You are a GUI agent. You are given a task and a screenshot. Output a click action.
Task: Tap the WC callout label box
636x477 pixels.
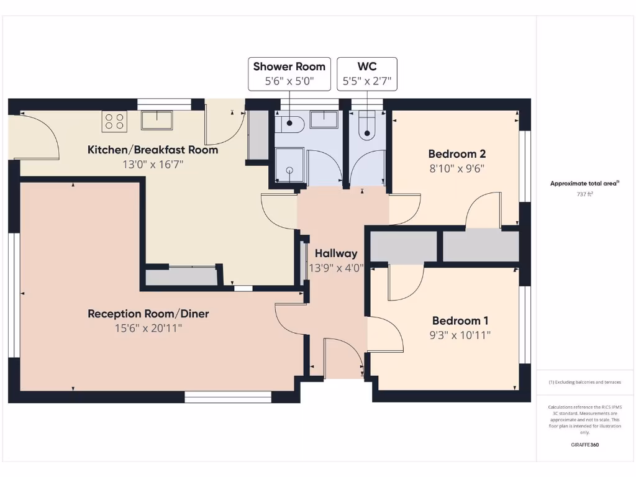click(x=367, y=73)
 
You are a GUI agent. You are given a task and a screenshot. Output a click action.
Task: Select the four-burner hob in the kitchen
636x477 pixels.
click(x=114, y=120)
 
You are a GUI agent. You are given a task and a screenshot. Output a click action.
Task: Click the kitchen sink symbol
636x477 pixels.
click(x=157, y=120)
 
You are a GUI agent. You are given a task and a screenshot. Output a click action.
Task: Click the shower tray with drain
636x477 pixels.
click(x=289, y=166)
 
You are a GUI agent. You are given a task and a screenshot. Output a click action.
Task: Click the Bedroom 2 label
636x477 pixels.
click(x=457, y=154)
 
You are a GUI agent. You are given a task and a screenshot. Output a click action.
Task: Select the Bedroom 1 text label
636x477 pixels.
click(x=460, y=320)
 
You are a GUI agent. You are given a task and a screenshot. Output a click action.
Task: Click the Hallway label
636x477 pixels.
click(x=336, y=253)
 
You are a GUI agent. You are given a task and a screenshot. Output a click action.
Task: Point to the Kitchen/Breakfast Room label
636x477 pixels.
click(x=153, y=150)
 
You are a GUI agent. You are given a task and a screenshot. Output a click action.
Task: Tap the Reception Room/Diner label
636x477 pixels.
click(x=148, y=314)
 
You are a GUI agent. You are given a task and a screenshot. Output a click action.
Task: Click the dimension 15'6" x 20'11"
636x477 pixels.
click(x=148, y=329)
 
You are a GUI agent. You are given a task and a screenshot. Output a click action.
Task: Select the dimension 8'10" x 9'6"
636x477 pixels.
click(x=457, y=168)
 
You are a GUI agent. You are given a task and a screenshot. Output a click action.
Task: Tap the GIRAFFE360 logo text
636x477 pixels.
click(x=585, y=445)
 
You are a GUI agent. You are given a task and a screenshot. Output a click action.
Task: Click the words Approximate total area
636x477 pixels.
click(x=584, y=183)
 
